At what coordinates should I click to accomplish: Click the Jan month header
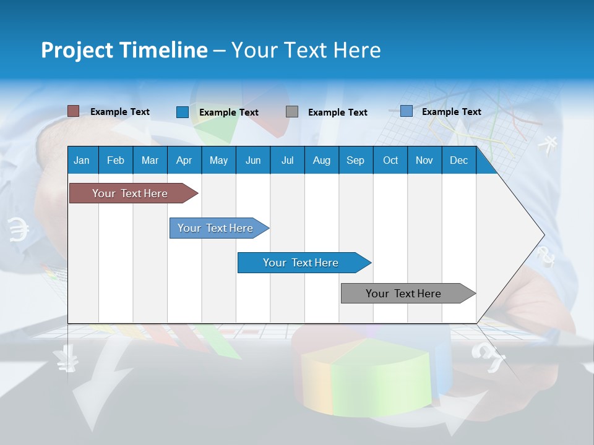click(x=82, y=160)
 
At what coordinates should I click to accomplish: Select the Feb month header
click(x=116, y=160)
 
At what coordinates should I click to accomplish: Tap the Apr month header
click(x=184, y=160)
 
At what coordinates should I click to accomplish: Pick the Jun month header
click(x=253, y=160)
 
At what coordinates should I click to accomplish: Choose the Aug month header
click(x=321, y=160)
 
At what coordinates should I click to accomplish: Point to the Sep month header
click(x=355, y=160)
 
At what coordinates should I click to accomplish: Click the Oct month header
click(x=390, y=160)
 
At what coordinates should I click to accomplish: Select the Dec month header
click(x=458, y=160)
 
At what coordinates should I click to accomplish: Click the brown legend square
click(x=73, y=111)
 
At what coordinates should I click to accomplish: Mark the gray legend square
click(x=292, y=112)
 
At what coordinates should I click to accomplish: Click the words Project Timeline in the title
click(x=124, y=50)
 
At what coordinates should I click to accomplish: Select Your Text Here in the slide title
click(x=306, y=50)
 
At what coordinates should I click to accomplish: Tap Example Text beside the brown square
click(x=120, y=112)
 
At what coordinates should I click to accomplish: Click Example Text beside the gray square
click(x=338, y=112)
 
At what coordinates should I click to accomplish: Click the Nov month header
click(x=424, y=160)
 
